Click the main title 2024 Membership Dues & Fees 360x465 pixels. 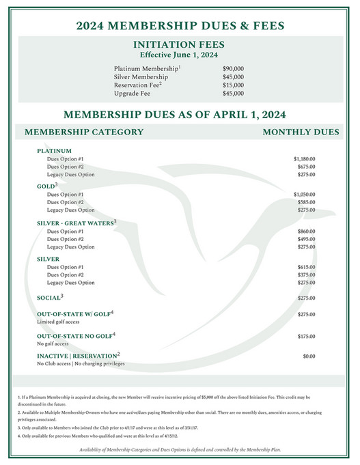pos(180,27)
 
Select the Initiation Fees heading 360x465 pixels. pos(180,45)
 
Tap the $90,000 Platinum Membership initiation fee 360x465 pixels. pos(233,69)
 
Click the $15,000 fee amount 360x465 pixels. pos(233,85)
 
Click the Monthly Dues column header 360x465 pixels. pos(301,132)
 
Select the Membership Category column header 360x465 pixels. pos(84,132)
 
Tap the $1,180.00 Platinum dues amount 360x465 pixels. pos(304,158)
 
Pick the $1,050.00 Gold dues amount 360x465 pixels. pos(304,195)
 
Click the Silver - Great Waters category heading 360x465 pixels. pos(77,222)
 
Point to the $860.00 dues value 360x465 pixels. pos(306,231)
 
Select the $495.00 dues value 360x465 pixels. pos(306,239)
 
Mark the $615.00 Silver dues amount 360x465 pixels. pos(306,267)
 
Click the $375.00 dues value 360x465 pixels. pos(306,275)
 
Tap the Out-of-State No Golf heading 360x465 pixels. pos(76,335)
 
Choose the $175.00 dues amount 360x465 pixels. pos(306,337)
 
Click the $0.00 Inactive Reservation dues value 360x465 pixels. pos(308,356)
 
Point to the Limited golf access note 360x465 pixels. pos(59,320)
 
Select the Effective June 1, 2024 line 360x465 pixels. pos(180,55)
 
